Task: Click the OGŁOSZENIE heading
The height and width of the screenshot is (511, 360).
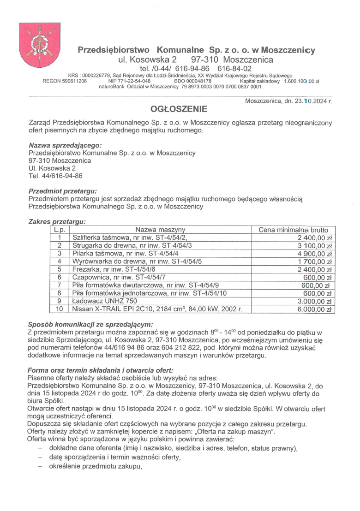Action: click(x=179, y=109)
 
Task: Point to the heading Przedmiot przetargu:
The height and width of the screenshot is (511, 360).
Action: click(x=63, y=190)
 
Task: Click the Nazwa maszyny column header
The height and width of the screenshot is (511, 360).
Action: click(x=160, y=230)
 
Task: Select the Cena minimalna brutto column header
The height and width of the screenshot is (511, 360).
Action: click(x=294, y=230)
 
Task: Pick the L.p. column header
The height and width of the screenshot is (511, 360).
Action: click(x=59, y=230)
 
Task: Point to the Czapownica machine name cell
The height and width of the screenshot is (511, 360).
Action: click(x=119, y=278)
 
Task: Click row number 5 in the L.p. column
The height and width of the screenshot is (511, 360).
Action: click(x=59, y=269)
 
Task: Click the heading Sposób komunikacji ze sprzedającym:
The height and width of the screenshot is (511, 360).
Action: click(x=90, y=324)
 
